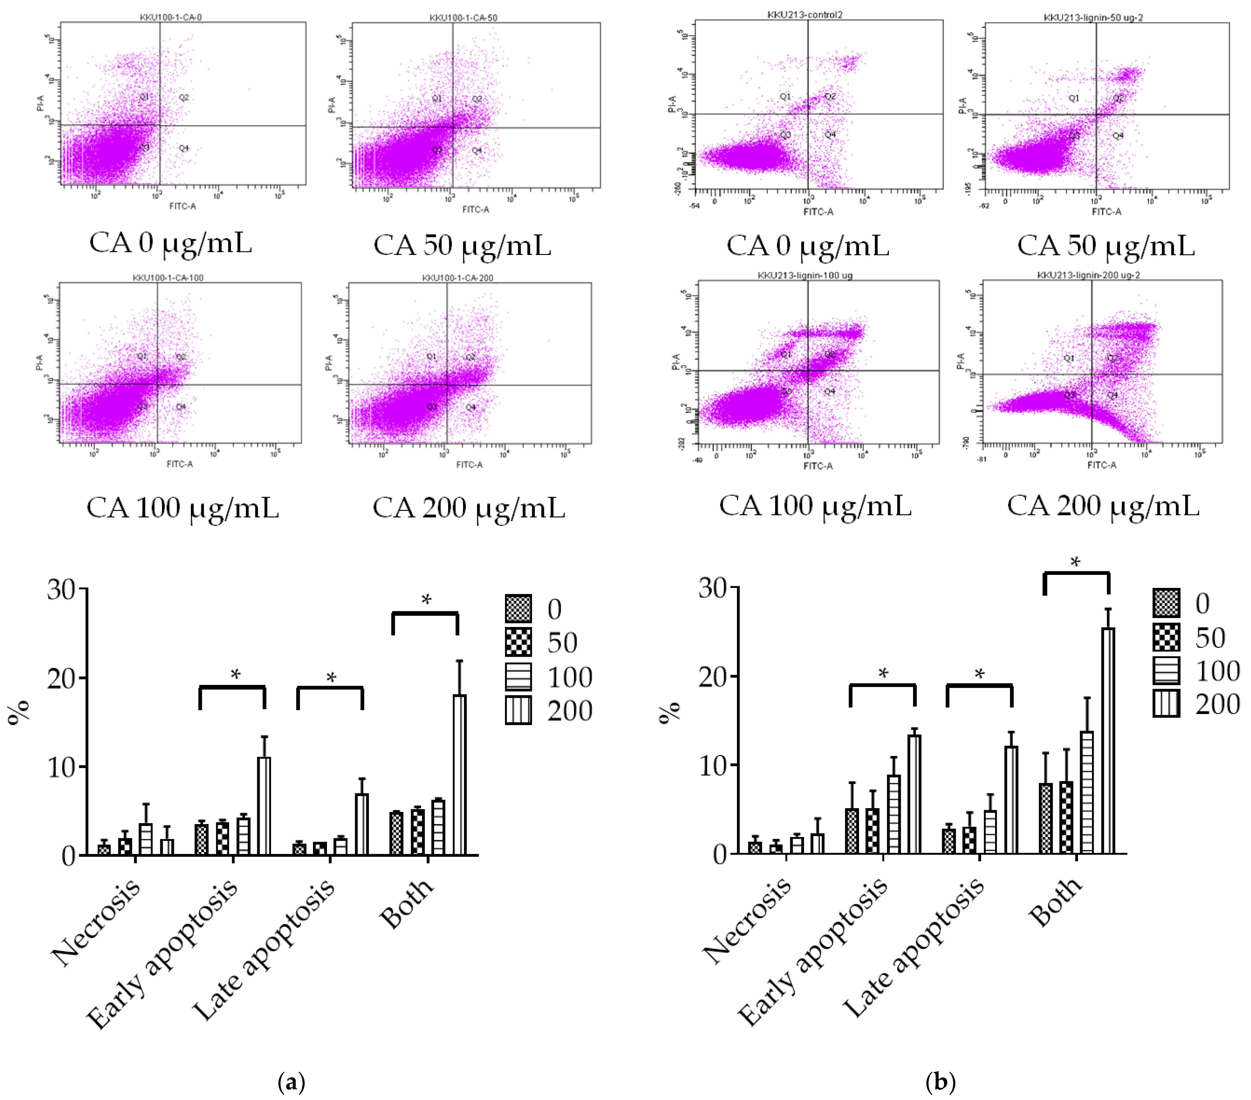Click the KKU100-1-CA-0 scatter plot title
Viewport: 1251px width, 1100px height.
(171, 17)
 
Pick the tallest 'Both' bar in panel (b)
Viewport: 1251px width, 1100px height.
(1108, 741)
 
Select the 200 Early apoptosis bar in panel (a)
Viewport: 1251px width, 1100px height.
(264, 806)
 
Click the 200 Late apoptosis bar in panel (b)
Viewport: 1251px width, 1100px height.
(1011, 799)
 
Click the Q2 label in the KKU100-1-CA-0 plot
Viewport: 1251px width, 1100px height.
(184, 97)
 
